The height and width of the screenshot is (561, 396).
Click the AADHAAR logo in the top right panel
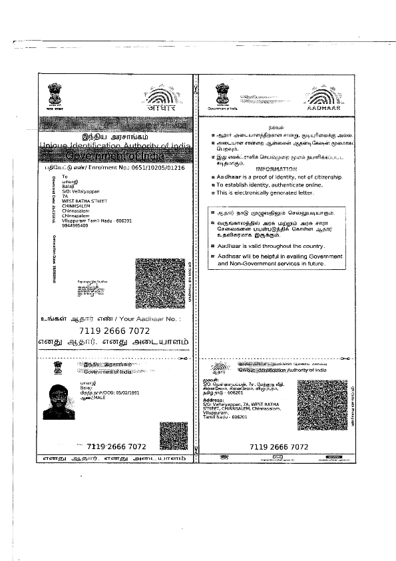click(x=323, y=100)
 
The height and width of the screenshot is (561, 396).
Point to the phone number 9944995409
click(x=76, y=225)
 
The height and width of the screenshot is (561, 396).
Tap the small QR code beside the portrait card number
click(x=173, y=436)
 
